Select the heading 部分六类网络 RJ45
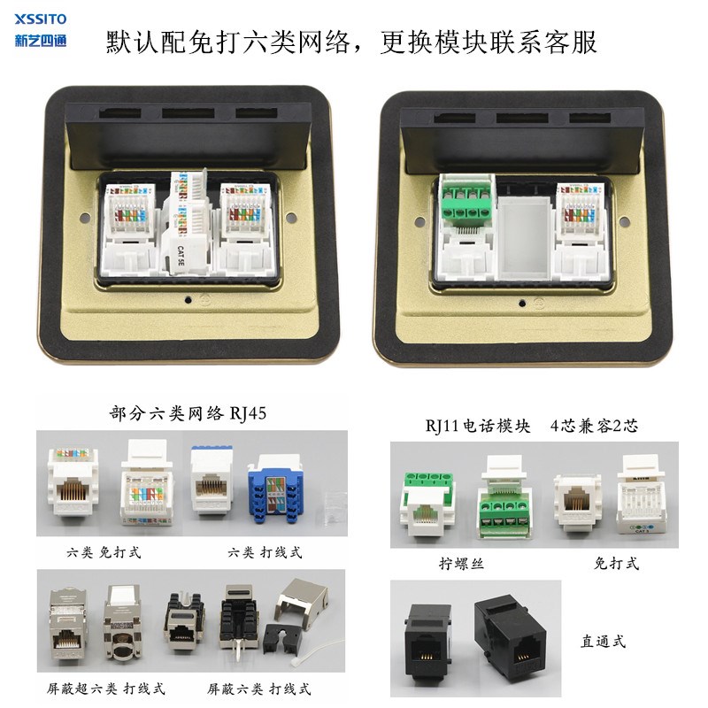[x=187, y=414]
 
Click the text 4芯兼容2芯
[x=595, y=426]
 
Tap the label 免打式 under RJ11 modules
[x=617, y=564]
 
